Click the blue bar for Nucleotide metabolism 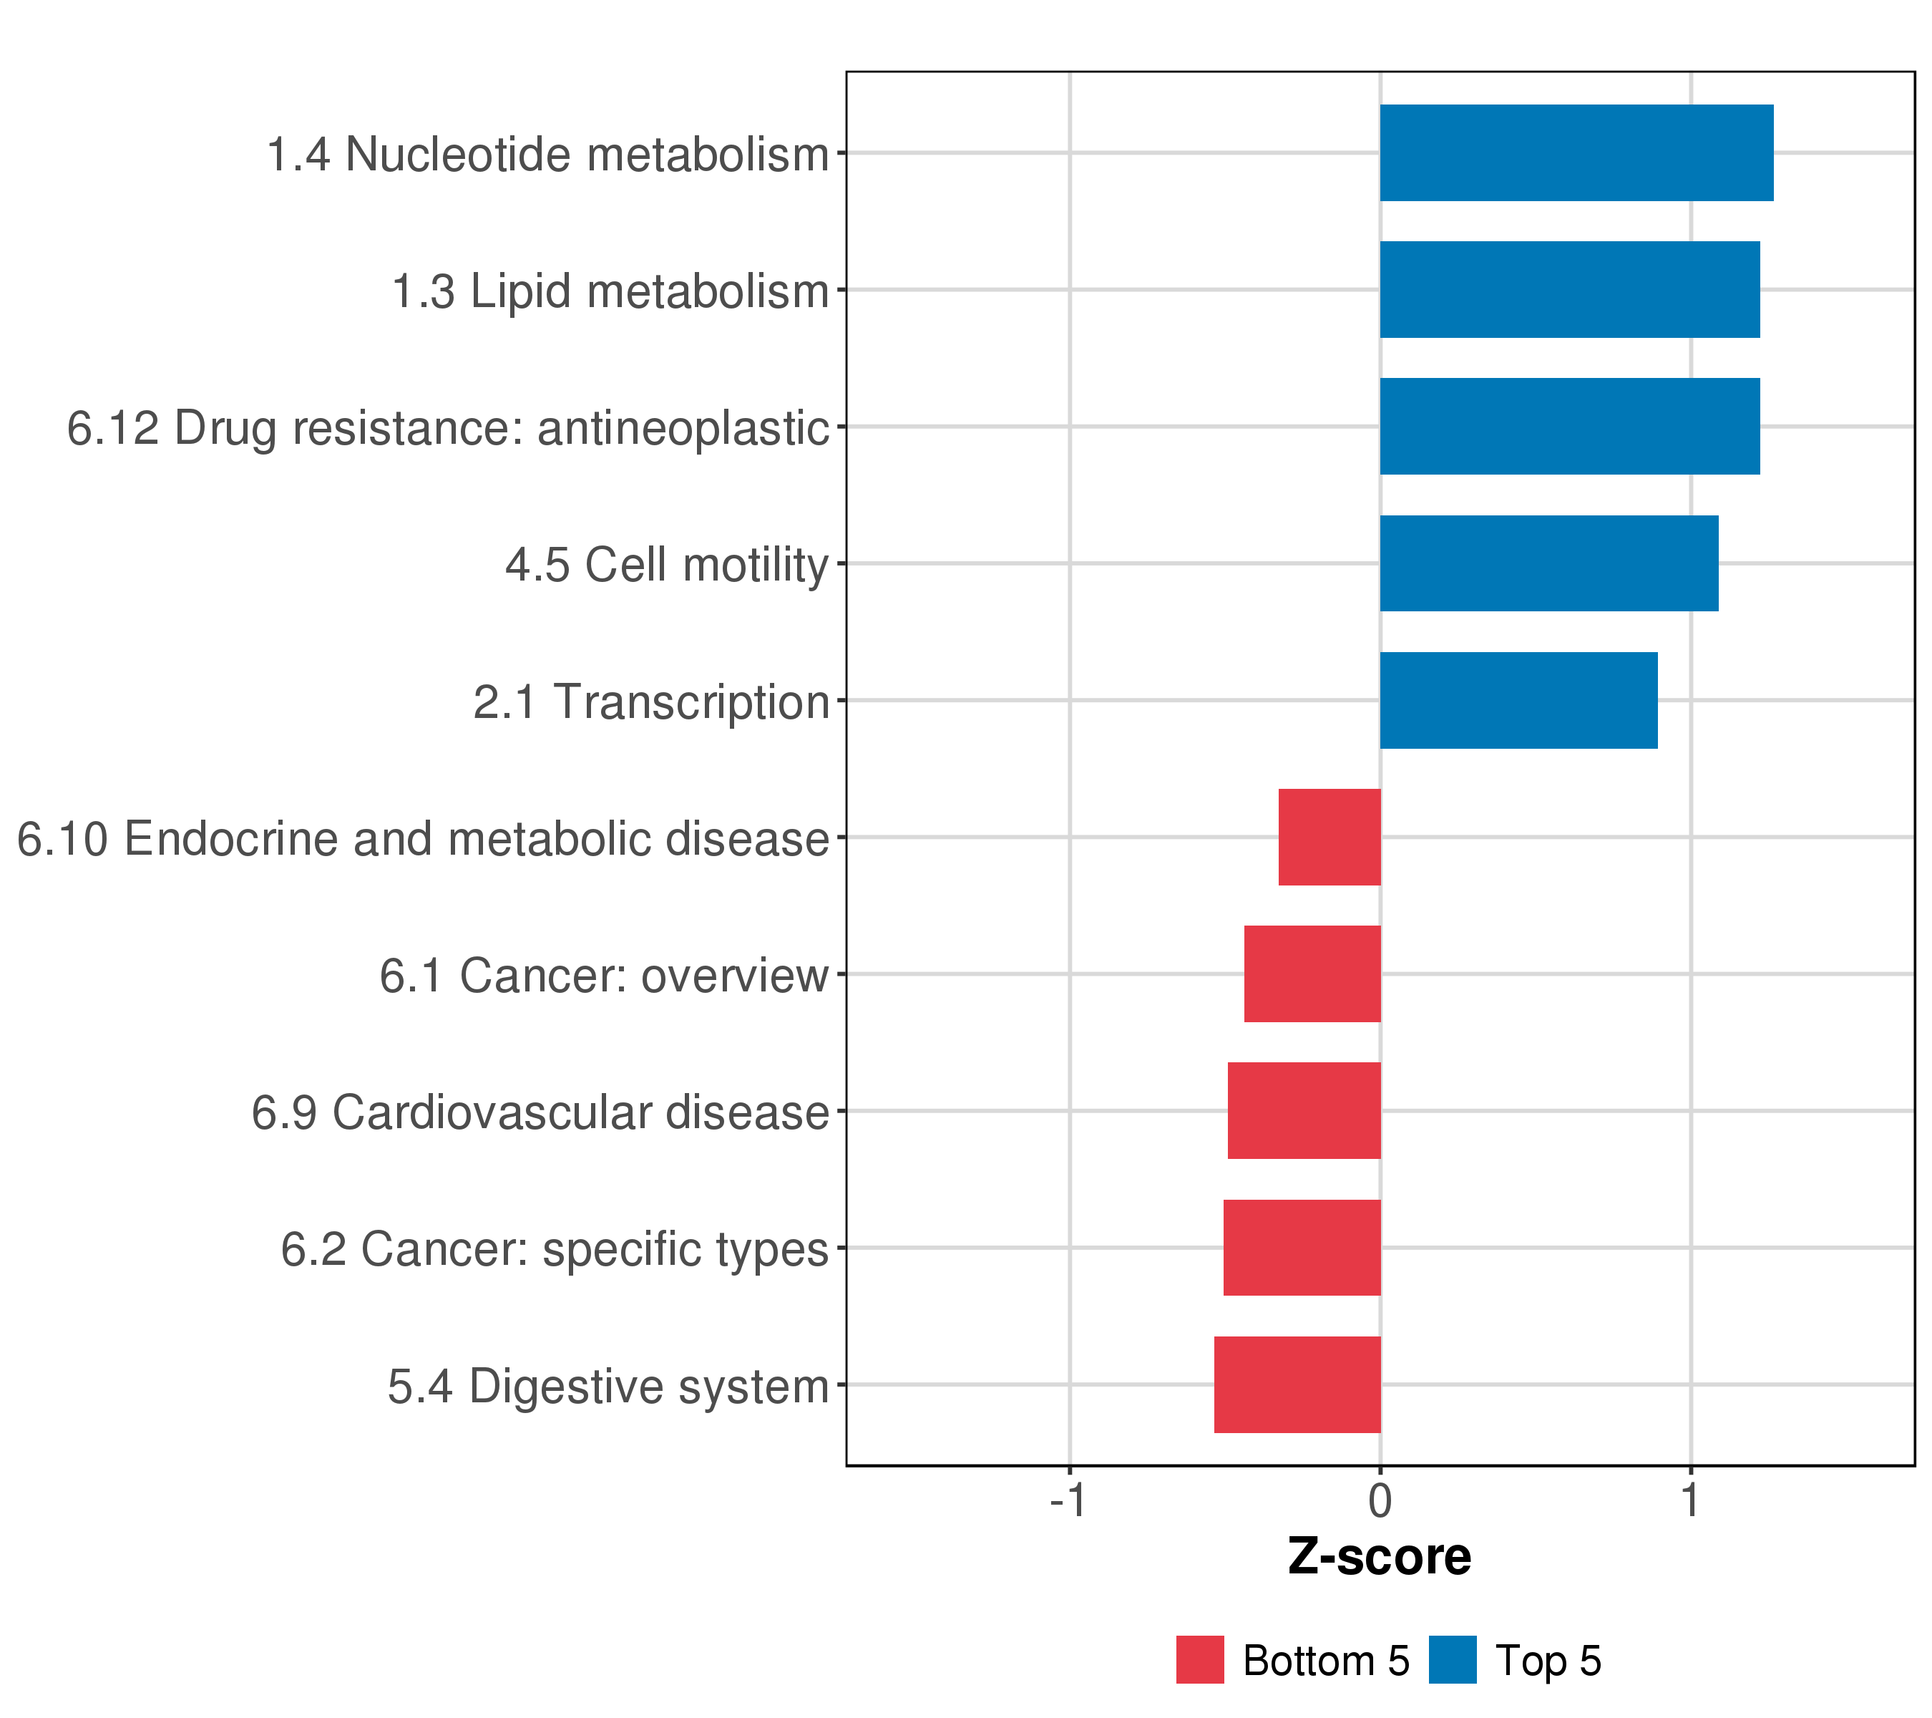(1576, 152)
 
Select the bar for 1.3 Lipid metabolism (1569, 289)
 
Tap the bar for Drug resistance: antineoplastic (1569, 427)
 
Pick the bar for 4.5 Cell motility (1548, 563)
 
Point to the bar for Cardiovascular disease (1304, 1111)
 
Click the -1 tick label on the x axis (1068, 1500)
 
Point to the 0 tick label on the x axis (1380, 1500)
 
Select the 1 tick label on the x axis (1690, 1500)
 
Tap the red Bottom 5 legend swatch (1199, 1660)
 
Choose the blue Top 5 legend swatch (1452, 1660)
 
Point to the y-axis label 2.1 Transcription (651, 702)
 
